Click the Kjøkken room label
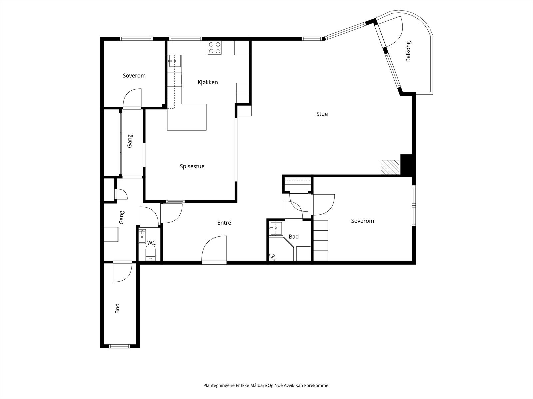(x=208, y=82)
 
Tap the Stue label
(x=322, y=114)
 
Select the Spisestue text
(x=192, y=166)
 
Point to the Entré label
(x=224, y=223)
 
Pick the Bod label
(x=117, y=308)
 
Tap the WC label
(x=151, y=242)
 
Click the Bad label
(x=294, y=236)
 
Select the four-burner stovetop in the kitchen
(x=215, y=48)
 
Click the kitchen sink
(x=175, y=61)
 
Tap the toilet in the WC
(x=151, y=253)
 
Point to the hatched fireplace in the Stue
(x=390, y=167)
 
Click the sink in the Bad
(x=276, y=228)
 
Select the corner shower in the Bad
(x=281, y=249)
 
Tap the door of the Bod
(x=122, y=272)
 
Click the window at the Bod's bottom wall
(x=119, y=346)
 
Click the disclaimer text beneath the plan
(x=266, y=385)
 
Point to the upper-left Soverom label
(x=134, y=76)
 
